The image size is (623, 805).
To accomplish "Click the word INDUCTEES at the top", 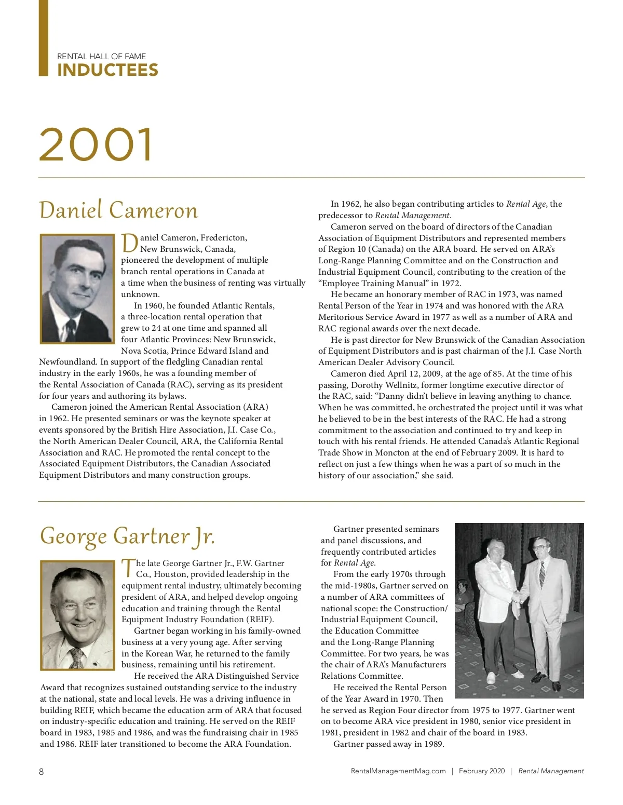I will (x=107, y=70).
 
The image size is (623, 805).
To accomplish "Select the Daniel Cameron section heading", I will (x=118, y=210).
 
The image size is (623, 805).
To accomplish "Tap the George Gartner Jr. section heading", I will (x=127, y=536).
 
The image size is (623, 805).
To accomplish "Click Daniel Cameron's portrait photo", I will (x=77, y=288).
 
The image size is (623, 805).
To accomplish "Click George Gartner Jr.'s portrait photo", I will (x=77, y=615).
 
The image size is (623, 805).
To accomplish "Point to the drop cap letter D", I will (x=129, y=243).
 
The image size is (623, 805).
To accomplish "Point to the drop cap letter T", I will (x=128, y=568).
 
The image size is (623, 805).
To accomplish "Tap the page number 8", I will (x=42, y=771).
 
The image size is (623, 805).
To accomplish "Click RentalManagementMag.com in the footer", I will (x=398, y=771).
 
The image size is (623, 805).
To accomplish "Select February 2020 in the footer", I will (x=481, y=771).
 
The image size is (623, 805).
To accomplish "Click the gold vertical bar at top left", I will (x=44, y=38).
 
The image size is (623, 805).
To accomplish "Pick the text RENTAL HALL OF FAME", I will (x=101, y=56).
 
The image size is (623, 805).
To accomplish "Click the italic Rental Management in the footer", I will (x=551, y=771).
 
